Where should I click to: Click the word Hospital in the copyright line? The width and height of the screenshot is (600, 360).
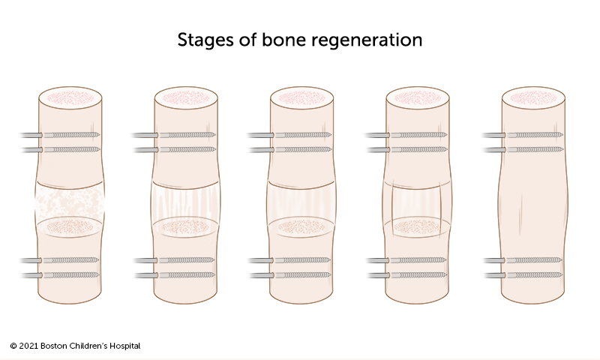pyautogui.click(x=122, y=346)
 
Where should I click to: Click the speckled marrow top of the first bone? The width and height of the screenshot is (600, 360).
pyautogui.click(x=70, y=97)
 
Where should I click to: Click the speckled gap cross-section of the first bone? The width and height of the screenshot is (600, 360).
pyautogui.click(x=70, y=225)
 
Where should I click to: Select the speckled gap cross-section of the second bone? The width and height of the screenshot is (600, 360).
pyautogui.click(x=185, y=225)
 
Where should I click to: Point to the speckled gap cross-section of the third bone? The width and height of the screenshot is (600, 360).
pyautogui.click(x=301, y=225)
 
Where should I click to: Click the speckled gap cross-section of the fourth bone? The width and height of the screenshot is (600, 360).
pyautogui.click(x=418, y=225)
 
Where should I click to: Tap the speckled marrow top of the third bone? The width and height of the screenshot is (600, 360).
pyautogui.click(x=301, y=97)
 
